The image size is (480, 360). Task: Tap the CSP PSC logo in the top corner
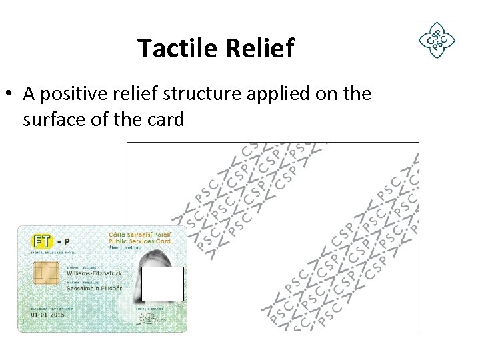(436, 40)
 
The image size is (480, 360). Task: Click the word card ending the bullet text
(163, 121)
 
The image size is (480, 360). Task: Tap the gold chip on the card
(46, 274)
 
